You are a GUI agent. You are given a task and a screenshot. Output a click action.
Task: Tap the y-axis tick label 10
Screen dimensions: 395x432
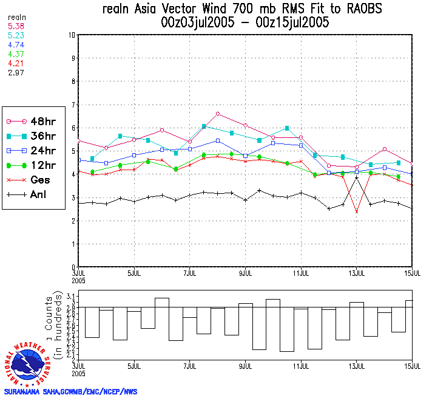point(71,35)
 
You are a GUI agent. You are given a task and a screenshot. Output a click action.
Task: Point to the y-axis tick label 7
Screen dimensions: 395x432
point(73,105)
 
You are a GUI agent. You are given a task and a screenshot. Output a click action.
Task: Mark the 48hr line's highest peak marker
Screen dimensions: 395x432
point(217,114)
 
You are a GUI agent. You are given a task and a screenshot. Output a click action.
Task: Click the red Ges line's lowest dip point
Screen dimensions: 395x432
point(357,211)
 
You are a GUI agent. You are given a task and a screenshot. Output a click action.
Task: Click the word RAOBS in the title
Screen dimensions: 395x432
point(362,9)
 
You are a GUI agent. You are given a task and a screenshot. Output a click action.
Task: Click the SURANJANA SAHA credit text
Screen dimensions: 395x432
point(70,391)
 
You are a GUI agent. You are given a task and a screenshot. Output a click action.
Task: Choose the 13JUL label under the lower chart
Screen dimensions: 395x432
point(357,366)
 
